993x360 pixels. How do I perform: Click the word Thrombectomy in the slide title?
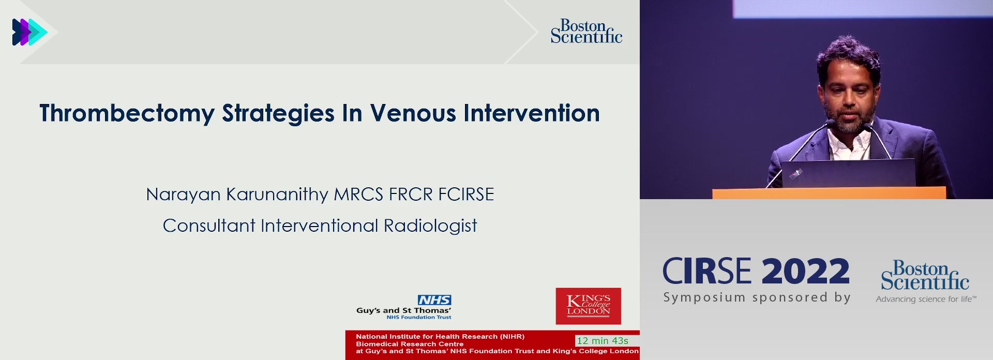(x=127, y=113)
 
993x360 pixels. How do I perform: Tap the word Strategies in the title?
(x=278, y=114)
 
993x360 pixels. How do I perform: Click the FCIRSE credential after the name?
(x=466, y=194)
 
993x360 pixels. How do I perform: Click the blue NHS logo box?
(x=434, y=300)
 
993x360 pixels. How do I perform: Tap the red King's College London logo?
(x=588, y=306)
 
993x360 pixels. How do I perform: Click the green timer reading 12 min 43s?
(x=603, y=341)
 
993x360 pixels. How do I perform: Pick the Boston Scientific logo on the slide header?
(x=586, y=32)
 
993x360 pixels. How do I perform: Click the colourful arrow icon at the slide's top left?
(x=29, y=32)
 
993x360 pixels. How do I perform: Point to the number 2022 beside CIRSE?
(x=805, y=271)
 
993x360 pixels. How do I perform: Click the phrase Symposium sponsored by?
(x=757, y=297)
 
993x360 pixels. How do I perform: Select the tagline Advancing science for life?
(x=926, y=299)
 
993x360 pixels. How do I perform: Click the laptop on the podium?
(x=848, y=173)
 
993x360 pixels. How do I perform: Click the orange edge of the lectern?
(x=829, y=193)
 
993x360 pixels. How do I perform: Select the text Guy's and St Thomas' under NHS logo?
(x=403, y=310)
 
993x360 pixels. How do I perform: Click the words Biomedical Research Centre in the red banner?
(x=410, y=344)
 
